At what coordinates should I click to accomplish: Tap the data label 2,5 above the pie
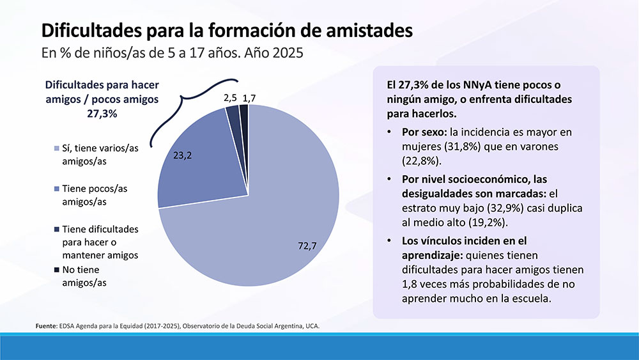click(x=230, y=98)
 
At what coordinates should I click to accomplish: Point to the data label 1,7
click(x=249, y=98)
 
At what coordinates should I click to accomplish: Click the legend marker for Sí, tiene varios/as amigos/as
click(x=57, y=150)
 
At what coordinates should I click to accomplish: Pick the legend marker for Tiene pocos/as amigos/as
click(x=57, y=189)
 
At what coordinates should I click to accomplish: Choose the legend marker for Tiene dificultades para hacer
click(x=57, y=229)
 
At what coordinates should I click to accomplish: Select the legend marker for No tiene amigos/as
click(x=57, y=269)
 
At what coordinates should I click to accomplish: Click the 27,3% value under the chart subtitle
click(x=102, y=114)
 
